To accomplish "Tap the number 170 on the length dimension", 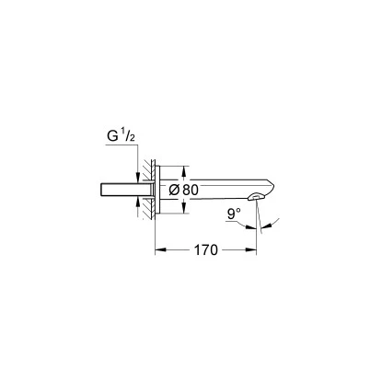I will click(208, 250).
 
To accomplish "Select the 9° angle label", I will click(237, 214).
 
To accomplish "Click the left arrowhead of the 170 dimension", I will click(158, 249).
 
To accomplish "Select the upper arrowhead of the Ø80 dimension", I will click(184, 171).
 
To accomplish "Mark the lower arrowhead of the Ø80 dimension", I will click(184, 209).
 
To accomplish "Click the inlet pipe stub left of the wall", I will click(118, 190).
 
